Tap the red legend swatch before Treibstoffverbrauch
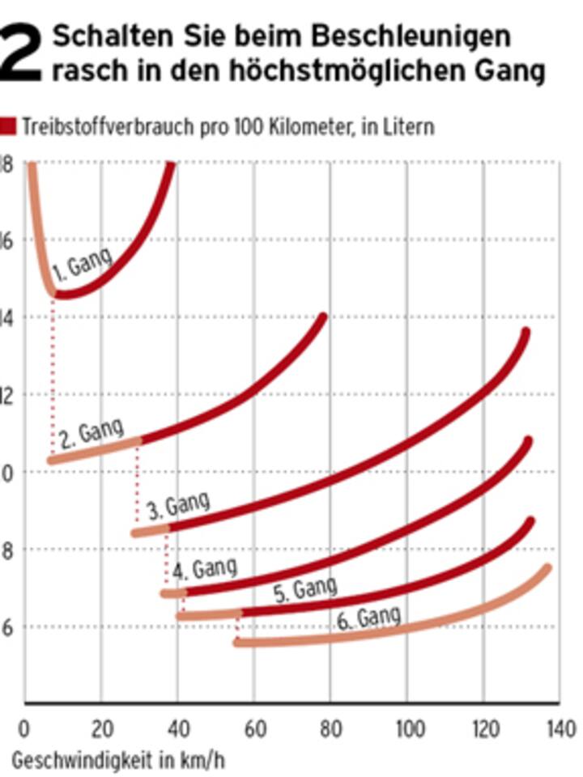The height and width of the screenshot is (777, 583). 9,126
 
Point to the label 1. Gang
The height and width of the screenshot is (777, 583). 81,264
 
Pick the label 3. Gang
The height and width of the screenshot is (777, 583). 177,505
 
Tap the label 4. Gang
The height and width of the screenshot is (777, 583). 204,568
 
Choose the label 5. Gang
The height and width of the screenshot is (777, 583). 304,588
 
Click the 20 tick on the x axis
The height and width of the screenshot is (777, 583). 102,728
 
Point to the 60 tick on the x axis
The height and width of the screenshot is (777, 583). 254,728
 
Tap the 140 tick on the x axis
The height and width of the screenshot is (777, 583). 560,728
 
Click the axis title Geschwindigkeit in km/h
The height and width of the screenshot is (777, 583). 118,760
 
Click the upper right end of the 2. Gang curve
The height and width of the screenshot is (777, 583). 323,317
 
